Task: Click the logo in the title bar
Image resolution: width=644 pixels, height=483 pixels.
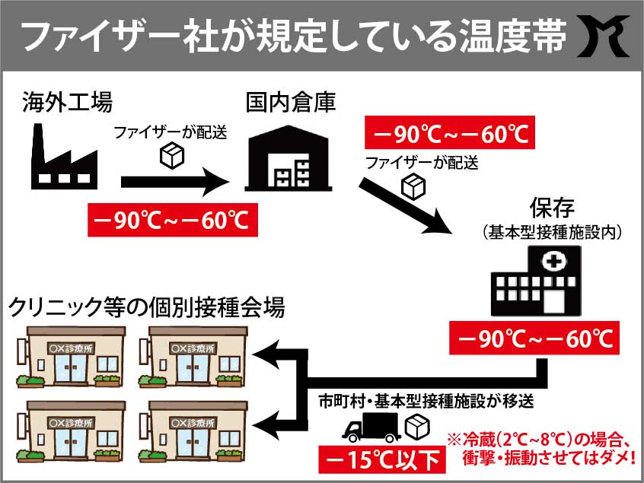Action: [607, 35]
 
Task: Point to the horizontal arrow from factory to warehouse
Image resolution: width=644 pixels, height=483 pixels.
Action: [175, 182]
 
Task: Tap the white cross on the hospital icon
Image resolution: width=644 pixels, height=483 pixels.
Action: [550, 263]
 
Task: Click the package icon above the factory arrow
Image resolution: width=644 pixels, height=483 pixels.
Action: [173, 155]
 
